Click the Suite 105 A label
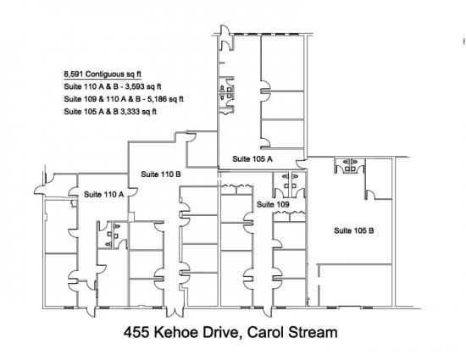[252, 159]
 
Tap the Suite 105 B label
[354, 230]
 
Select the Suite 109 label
[273, 204]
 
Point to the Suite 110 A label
[103, 195]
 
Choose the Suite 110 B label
[161, 174]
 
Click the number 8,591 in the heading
[74, 74]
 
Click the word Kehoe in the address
[176, 332]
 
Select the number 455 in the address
[136, 332]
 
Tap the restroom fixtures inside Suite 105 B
[350, 165]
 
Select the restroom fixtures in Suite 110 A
[113, 235]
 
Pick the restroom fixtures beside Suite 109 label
[290, 181]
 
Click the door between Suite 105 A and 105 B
[302, 163]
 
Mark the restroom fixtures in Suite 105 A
[225, 92]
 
